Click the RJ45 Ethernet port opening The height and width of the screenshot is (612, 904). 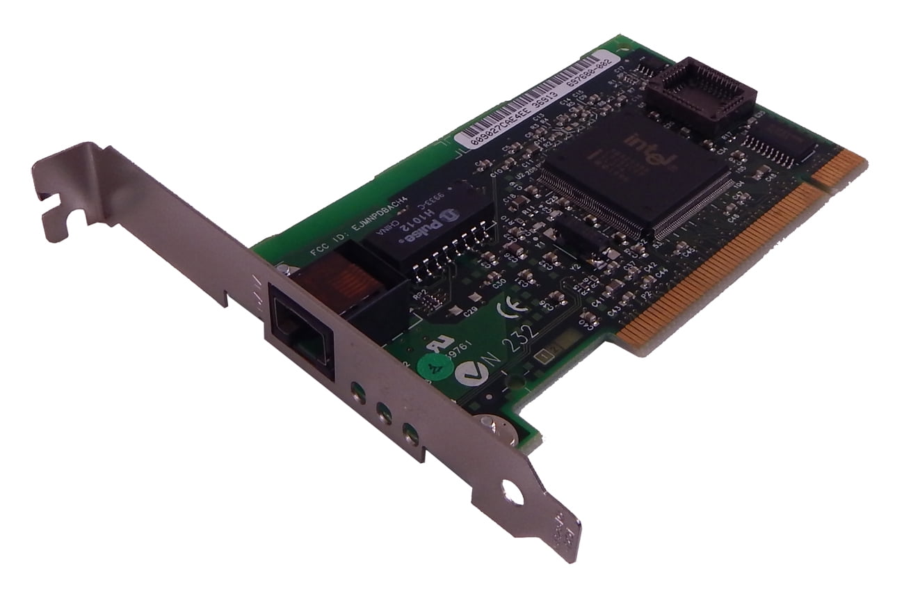[302, 328]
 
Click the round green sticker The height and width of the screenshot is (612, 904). [433, 364]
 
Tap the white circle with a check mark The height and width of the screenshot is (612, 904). [467, 373]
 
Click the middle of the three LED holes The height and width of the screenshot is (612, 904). [383, 415]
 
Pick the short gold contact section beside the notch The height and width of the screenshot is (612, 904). [847, 171]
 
